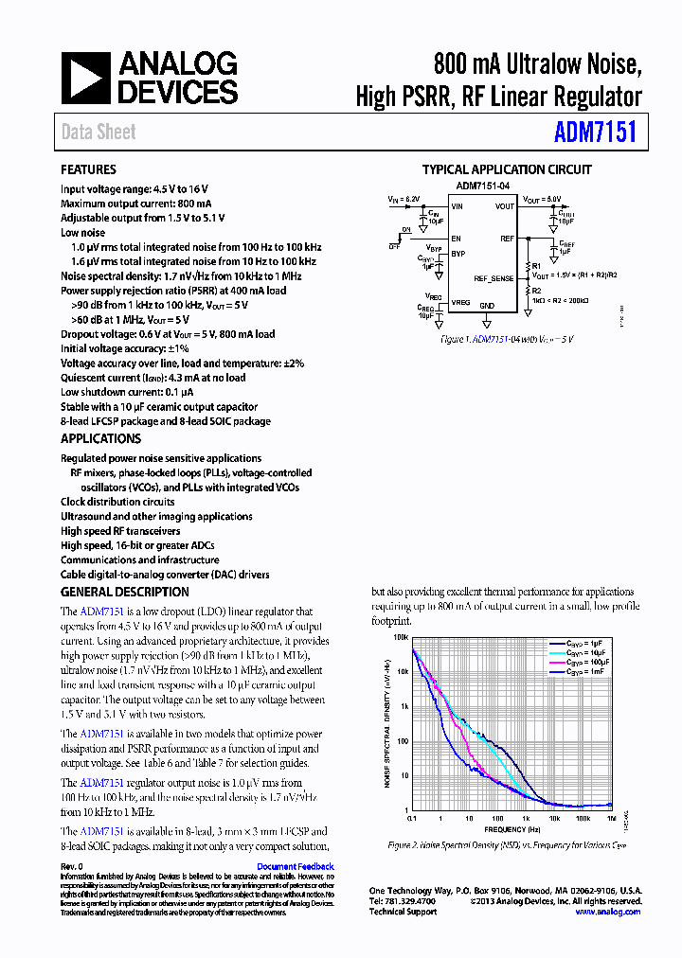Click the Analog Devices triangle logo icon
tap(86, 78)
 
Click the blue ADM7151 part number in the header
tap(595, 132)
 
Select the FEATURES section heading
tap(88, 169)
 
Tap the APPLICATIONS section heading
tap(100, 438)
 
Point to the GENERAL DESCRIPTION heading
tap(124, 592)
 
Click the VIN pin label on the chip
tap(458, 206)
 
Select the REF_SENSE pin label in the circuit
tap(494, 278)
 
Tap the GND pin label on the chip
tap(487, 306)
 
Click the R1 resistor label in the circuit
tap(536, 266)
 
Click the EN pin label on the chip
tap(456, 239)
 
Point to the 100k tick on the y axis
tap(401, 637)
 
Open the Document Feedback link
tap(295, 866)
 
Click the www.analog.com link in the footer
tap(607, 912)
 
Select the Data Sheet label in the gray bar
tap(99, 133)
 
